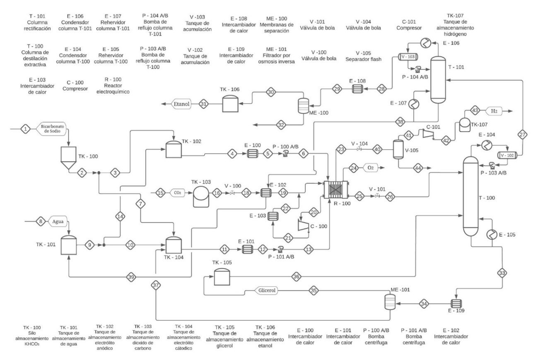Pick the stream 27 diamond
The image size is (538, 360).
click(x=522, y=134)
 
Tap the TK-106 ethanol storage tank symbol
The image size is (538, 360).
click(x=228, y=104)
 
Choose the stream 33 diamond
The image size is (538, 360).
click(x=502, y=273)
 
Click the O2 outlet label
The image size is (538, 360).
click(x=369, y=168)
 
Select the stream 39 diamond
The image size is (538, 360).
click(x=131, y=276)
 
